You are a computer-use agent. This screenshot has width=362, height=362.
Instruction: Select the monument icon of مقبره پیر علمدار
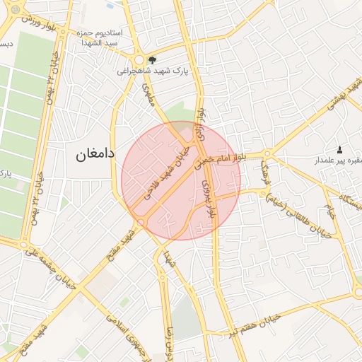[x=339, y=150]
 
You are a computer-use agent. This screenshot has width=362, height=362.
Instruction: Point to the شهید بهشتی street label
[x=344, y=96]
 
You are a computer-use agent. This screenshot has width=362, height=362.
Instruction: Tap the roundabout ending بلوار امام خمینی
[x=267, y=154]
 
